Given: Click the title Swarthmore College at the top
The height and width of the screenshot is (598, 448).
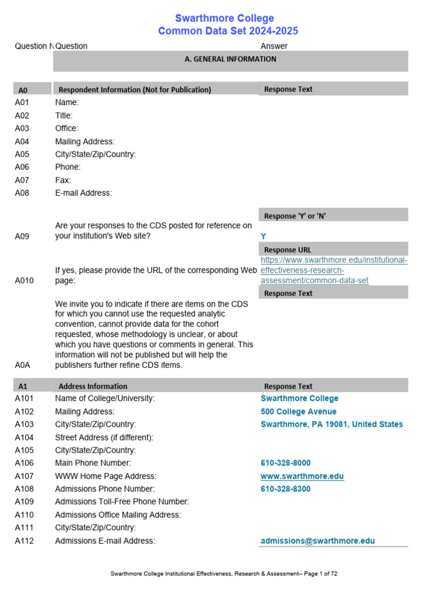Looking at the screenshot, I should pyautogui.click(x=225, y=18).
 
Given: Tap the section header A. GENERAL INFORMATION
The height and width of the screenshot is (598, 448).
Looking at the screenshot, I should pyautogui.click(x=230, y=59).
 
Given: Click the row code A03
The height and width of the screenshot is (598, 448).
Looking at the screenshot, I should pyautogui.click(x=22, y=128).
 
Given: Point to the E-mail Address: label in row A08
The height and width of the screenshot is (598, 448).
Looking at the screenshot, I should pyautogui.click(x=83, y=193).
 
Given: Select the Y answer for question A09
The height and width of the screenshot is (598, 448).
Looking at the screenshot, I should pyautogui.click(x=264, y=237).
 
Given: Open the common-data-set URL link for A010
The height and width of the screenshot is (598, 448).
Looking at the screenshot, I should pyautogui.click(x=334, y=270).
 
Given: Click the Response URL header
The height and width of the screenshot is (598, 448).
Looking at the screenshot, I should pyautogui.click(x=288, y=250).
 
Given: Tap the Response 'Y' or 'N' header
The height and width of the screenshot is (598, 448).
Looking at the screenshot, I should pyautogui.click(x=295, y=216).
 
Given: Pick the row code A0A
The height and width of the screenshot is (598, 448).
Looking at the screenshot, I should pyautogui.click(x=22, y=365).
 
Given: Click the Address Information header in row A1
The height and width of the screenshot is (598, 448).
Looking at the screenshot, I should pyautogui.click(x=93, y=386).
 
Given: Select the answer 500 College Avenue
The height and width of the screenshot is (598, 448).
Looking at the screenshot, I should pyautogui.click(x=299, y=412).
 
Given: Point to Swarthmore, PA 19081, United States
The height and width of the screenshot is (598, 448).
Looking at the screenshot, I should pyautogui.click(x=331, y=425).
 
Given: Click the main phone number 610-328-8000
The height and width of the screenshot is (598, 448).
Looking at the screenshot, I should pyautogui.click(x=286, y=463).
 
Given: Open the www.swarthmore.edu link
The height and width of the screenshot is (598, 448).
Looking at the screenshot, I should pyautogui.click(x=302, y=476).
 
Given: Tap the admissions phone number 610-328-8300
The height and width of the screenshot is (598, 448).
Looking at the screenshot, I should pyautogui.click(x=286, y=489).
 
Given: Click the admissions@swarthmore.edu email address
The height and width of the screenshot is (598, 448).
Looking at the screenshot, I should pyautogui.click(x=318, y=541).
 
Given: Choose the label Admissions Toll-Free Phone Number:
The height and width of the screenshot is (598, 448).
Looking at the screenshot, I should pyautogui.click(x=122, y=502).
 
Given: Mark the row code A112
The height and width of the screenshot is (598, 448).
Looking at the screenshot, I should pyautogui.click(x=24, y=541).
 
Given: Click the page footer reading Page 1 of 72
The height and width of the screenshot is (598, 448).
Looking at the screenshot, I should pyautogui.click(x=224, y=574).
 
